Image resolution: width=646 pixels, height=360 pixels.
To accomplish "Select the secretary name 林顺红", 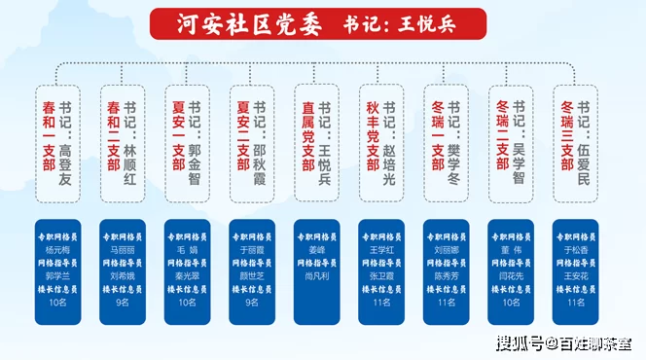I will tap(130, 149).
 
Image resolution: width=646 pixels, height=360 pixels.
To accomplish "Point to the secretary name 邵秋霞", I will tap(260, 149).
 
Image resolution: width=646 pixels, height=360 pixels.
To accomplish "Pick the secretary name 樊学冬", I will tap(454, 149).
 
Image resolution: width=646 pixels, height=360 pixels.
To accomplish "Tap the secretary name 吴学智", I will tap(519, 148).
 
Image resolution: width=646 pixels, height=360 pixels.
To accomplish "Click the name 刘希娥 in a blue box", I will tap(123, 275).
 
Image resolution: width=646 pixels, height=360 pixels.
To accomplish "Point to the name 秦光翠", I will tap(188, 275).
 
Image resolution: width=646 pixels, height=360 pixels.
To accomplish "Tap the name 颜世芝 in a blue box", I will tap(252, 275).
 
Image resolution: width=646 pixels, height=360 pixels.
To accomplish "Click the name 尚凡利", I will tap(317, 275).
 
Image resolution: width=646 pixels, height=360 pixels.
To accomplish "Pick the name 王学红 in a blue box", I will tap(381, 249).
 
